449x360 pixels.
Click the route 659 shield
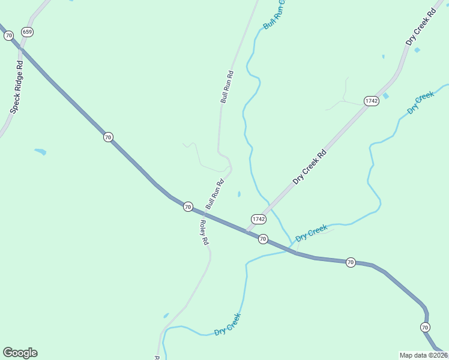[26, 31]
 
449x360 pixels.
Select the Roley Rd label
[203, 232]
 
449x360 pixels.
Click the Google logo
[20, 353]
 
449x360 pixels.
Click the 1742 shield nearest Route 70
[258, 219]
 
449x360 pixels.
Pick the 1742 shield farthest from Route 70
[371, 101]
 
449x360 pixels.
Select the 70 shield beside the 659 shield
[8, 36]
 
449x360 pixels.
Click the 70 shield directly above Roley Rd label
[188, 206]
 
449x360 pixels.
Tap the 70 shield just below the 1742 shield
[262, 239]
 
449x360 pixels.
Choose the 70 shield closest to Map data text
[425, 327]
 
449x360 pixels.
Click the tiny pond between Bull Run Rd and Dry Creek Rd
[239, 194]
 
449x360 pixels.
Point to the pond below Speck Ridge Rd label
[40, 151]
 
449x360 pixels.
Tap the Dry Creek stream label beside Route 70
[312, 232]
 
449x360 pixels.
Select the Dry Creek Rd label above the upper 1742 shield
[420, 27]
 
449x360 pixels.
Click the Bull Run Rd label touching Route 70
[214, 195]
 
